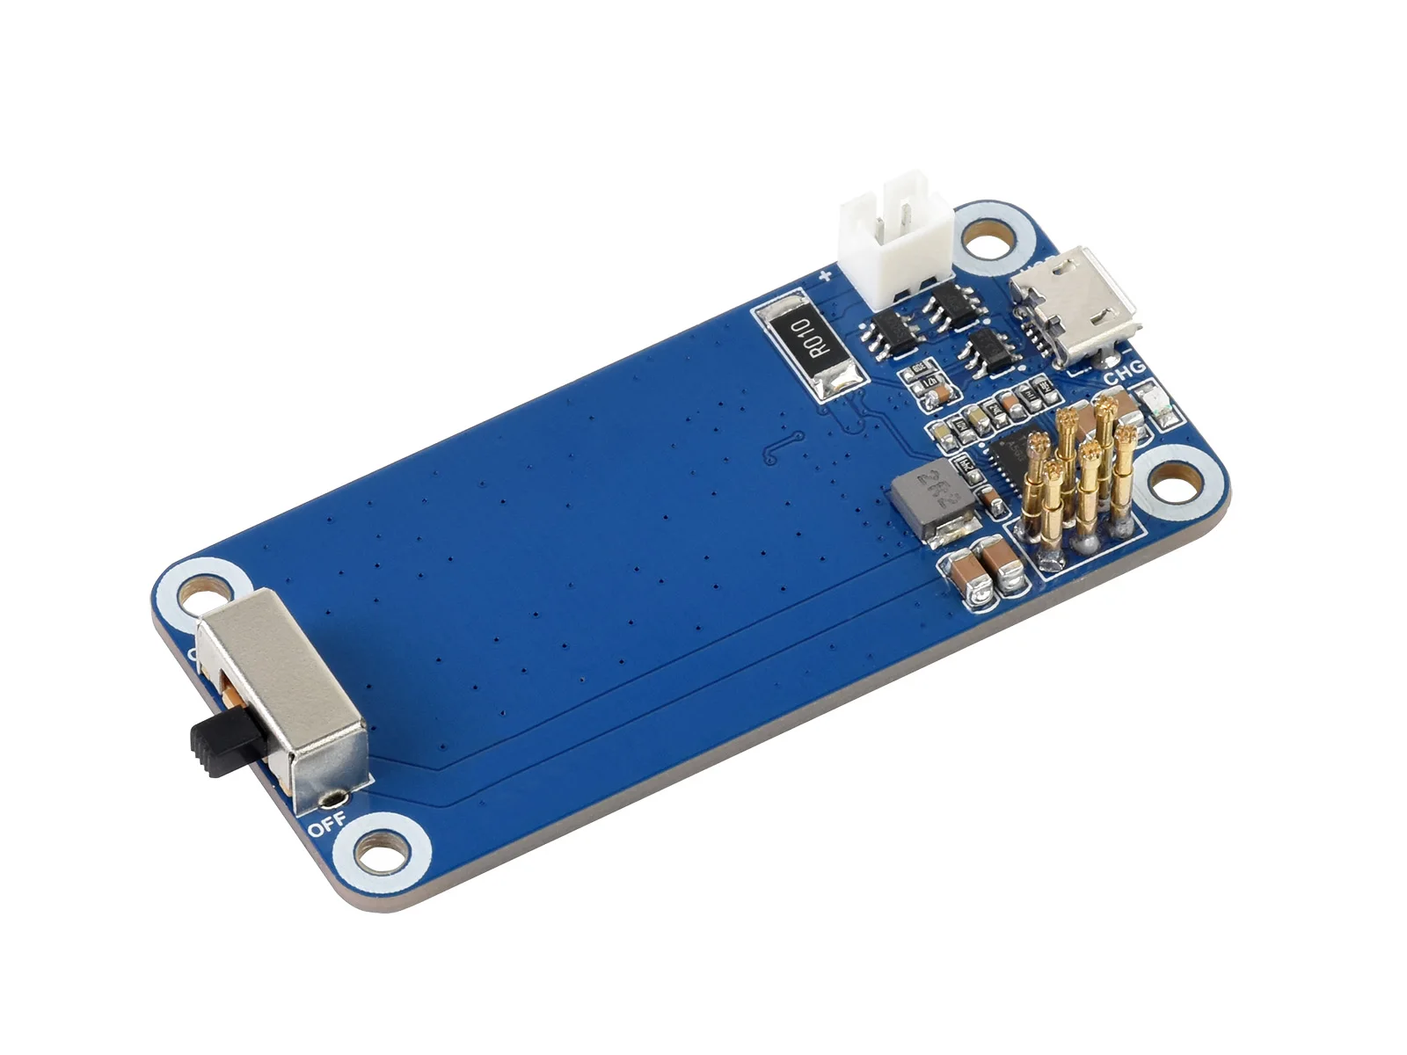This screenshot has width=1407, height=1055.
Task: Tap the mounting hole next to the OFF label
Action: (382, 852)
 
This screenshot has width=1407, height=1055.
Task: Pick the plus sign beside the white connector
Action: (825, 277)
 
